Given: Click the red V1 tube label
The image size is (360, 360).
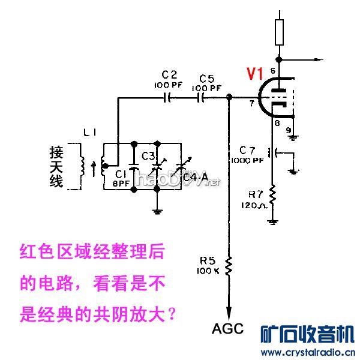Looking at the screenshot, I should tap(254, 74).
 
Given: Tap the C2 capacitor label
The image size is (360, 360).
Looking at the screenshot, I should tap(170, 74).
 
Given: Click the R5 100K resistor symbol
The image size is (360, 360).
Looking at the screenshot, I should tap(227, 264).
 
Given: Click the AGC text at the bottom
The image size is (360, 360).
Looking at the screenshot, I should tap(228, 328).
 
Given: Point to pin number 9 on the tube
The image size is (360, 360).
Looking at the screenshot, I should tap(289, 129).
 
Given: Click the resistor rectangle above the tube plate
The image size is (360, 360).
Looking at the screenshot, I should tap(278, 32).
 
